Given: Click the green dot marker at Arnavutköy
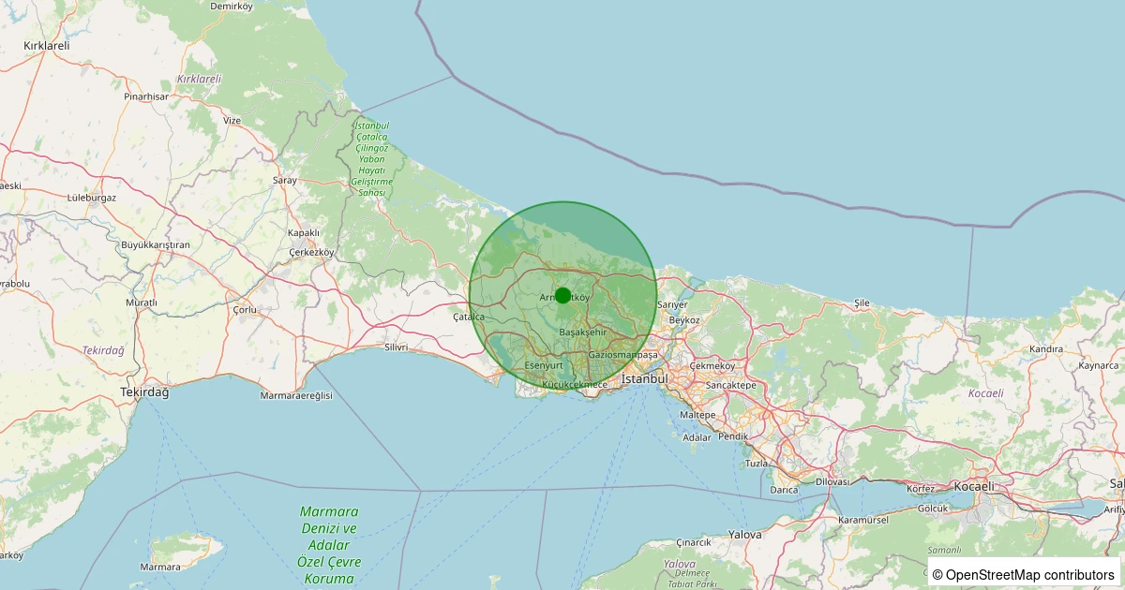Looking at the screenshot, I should (x=562, y=295).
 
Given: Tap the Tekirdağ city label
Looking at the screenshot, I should (x=144, y=392).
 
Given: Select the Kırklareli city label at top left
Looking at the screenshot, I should (x=47, y=45).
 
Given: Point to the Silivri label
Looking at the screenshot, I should (x=397, y=347).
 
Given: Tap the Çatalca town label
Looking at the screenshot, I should (x=469, y=317).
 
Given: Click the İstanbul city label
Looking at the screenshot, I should (x=644, y=379).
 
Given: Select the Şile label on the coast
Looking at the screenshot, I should (x=862, y=303).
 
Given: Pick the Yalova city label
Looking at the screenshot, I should (x=745, y=534).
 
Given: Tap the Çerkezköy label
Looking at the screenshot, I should (x=312, y=253).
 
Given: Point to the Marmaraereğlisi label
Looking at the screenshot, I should (x=296, y=396).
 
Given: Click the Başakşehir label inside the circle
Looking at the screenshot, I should (x=583, y=332).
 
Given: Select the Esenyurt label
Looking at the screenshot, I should (x=544, y=364).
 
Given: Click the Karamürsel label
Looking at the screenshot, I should (x=863, y=519).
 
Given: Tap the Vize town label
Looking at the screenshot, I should (x=232, y=121).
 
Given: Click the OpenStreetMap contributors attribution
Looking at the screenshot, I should (x=1024, y=574).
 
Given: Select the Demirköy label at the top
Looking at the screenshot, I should (x=232, y=7).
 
